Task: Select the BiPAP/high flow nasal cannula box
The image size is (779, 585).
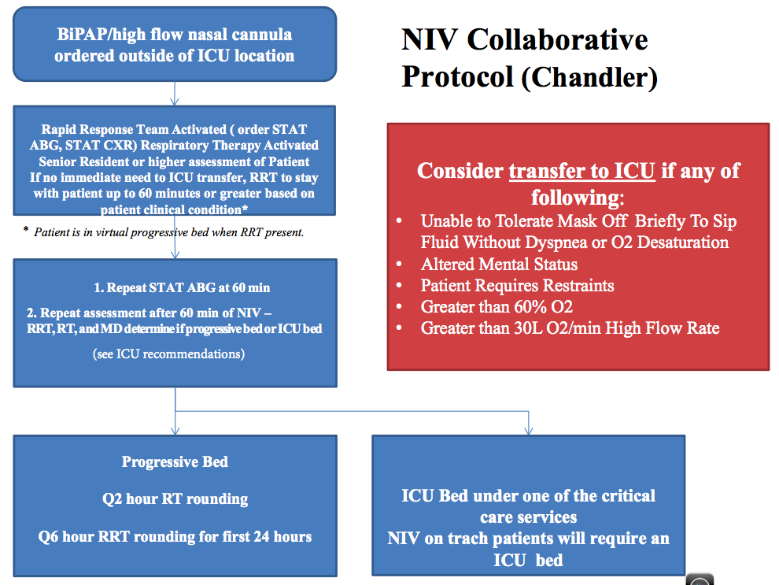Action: pos(175,46)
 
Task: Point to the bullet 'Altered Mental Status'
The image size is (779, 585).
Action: pos(499,265)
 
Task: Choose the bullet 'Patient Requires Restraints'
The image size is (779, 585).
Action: pos(517,285)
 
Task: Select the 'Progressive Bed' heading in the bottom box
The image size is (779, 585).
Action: pos(175,461)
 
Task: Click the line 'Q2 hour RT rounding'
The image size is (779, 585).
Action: pos(175,499)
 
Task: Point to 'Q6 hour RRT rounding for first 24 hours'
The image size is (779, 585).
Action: pos(175,537)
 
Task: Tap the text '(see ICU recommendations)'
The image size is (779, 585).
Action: pos(168,354)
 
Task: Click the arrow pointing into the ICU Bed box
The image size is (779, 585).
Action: pos(528,426)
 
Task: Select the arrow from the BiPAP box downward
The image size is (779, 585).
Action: pos(175,94)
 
